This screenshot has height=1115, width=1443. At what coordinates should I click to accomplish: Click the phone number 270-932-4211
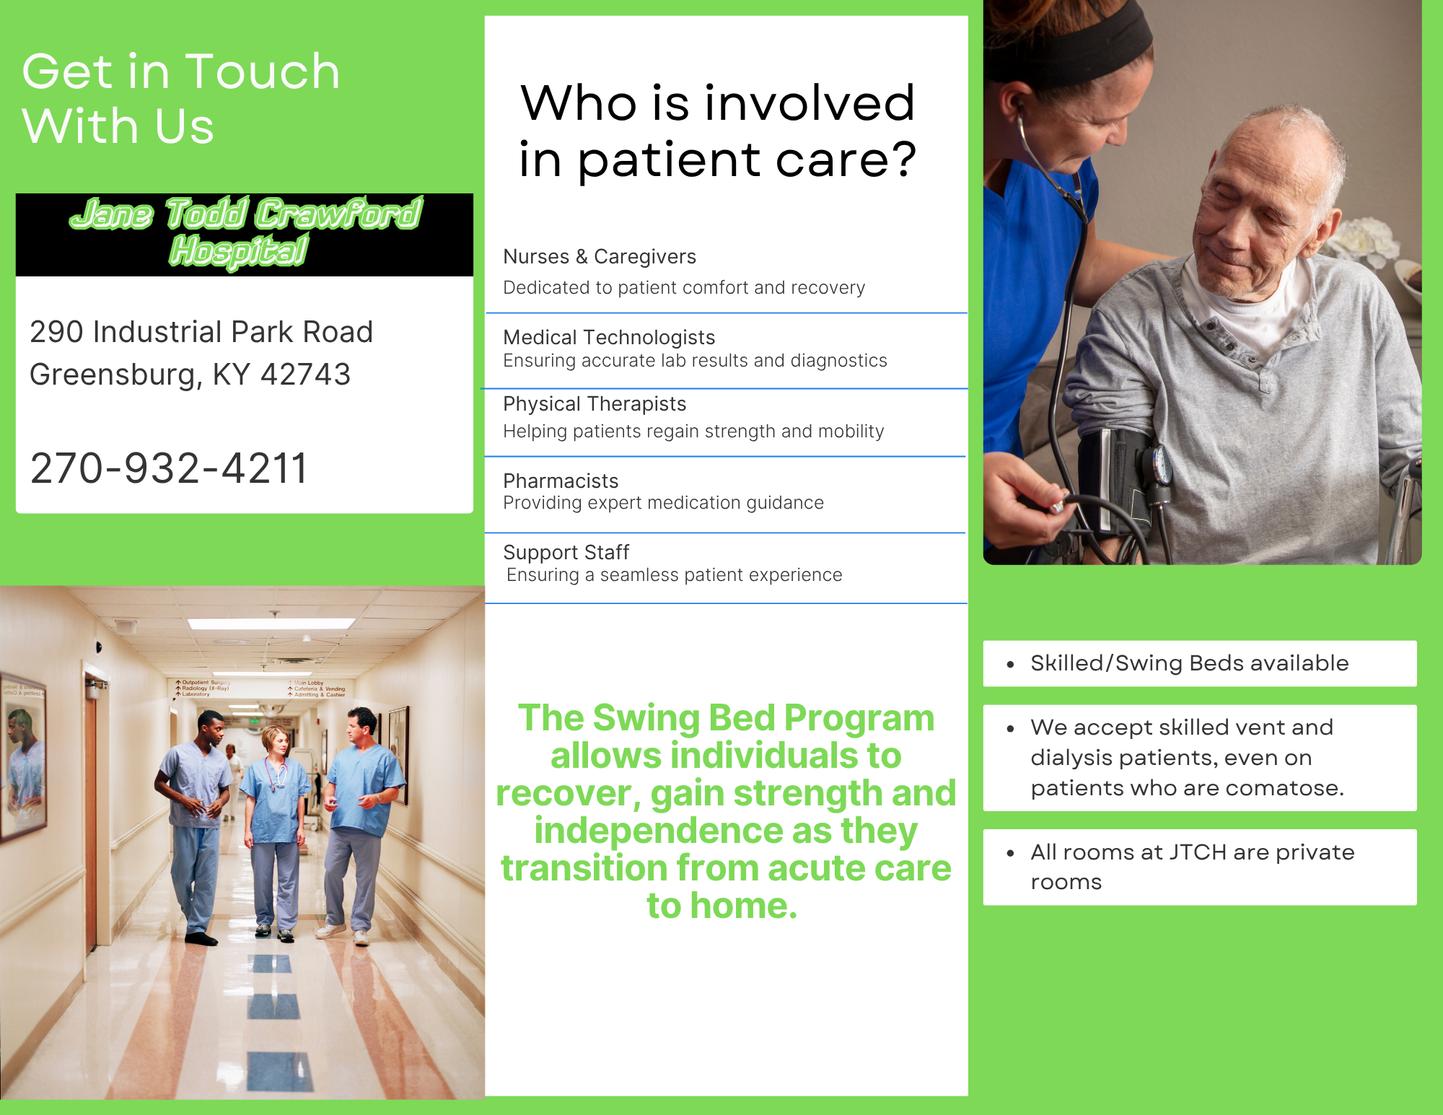(x=169, y=468)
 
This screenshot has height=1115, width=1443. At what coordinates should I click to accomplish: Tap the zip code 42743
(x=305, y=375)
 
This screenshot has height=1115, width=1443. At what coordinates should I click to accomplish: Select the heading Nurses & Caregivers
(x=600, y=257)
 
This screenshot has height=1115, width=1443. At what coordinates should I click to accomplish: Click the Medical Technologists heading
(x=609, y=338)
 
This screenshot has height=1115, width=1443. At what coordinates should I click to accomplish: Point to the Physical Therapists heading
(x=595, y=404)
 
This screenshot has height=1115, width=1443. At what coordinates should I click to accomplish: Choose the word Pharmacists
(x=561, y=481)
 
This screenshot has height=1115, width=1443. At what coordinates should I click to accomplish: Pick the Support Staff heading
(x=566, y=553)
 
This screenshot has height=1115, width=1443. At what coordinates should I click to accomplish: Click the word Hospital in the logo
(x=239, y=251)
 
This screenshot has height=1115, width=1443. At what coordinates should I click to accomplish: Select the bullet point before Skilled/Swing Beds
(x=1010, y=664)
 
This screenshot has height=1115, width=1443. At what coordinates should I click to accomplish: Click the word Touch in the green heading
(x=263, y=71)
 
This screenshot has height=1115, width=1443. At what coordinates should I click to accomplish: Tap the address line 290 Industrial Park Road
(x=201, y=332)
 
